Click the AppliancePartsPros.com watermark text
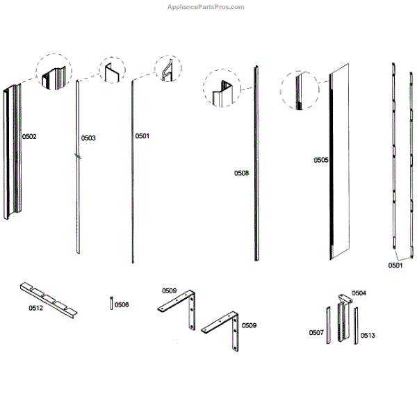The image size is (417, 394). pos(207,7)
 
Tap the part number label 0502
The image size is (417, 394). pos(28,137)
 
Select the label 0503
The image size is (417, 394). pos(88,138)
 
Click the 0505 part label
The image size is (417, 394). pos(321,160)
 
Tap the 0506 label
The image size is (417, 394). pos(122,304)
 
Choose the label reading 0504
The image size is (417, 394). pos(359,293)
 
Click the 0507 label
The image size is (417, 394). pos(316,333)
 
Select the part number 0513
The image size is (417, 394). pos(368,336)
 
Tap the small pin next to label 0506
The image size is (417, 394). pos(111,302)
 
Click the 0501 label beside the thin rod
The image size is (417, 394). pos(142,136)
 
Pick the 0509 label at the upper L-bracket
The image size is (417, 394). pos(170,290)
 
